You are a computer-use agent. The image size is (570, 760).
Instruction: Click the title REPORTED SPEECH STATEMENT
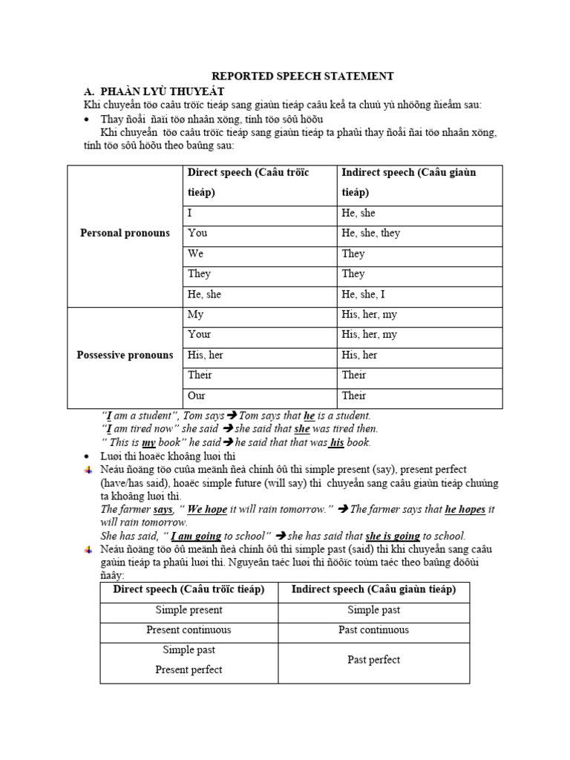pyautogui.click(x=302, y=76)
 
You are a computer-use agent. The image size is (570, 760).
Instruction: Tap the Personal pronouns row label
pyautogui.click(x=125, y=233)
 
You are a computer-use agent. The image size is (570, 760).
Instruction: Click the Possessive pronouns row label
pyautogui.click(x=125, y=355)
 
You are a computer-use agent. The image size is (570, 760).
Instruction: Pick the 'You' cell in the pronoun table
pyautogui.click(x=197, y=233)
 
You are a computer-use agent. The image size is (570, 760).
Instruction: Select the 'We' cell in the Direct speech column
pyautogui.click(x=197, y=254)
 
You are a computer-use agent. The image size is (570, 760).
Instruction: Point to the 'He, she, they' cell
pyautogui.click(x=370, y=233)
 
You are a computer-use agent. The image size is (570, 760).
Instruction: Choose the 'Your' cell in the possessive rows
pyautogui.click(x=200, y=335)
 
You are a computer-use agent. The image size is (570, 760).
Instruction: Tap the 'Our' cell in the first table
pyautogui.click(x=197, y=396)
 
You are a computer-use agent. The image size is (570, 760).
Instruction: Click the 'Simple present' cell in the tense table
pyautogui.click(x=189, y=610)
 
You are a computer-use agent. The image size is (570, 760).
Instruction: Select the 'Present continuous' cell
pyautogui.click(x=189, y=630)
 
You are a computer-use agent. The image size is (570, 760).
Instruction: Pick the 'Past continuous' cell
pyautogui.click(x=373, y=630)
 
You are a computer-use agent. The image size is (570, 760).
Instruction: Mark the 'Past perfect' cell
pyautogui.click(x=373, y=660)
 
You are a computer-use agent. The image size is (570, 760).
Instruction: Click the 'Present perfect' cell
pyautogui.click(x=189, y=669)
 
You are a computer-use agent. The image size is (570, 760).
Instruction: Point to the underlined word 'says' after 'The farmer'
pyautogui.click(x=163, y=510)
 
